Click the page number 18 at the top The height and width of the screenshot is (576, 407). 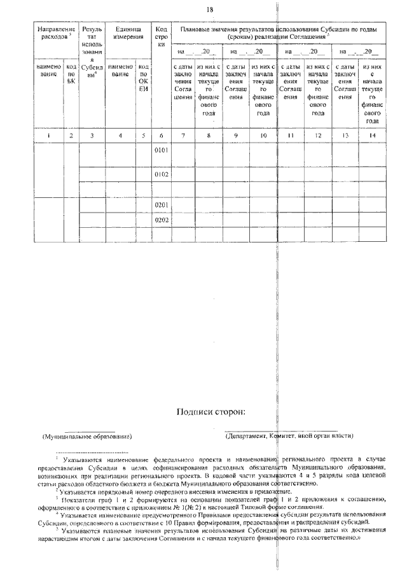tap(210, 8)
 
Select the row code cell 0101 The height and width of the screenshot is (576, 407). tap(162, 151)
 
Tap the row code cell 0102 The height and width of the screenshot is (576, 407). tap(162, 174)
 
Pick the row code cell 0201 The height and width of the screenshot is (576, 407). tap(162, 206)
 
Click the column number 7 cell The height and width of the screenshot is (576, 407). tap(183, 135)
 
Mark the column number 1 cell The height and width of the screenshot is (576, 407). tap(48, 135)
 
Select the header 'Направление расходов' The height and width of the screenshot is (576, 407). tap(56, 32)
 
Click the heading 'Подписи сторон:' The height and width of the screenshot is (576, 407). tap(210, 411)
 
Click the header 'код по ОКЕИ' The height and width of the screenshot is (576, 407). tap(144, 78)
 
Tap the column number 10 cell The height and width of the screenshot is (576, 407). tap(263, 135)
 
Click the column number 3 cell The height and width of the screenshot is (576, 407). tap(92, 135)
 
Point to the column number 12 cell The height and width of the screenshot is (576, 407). tap(317, 135)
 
